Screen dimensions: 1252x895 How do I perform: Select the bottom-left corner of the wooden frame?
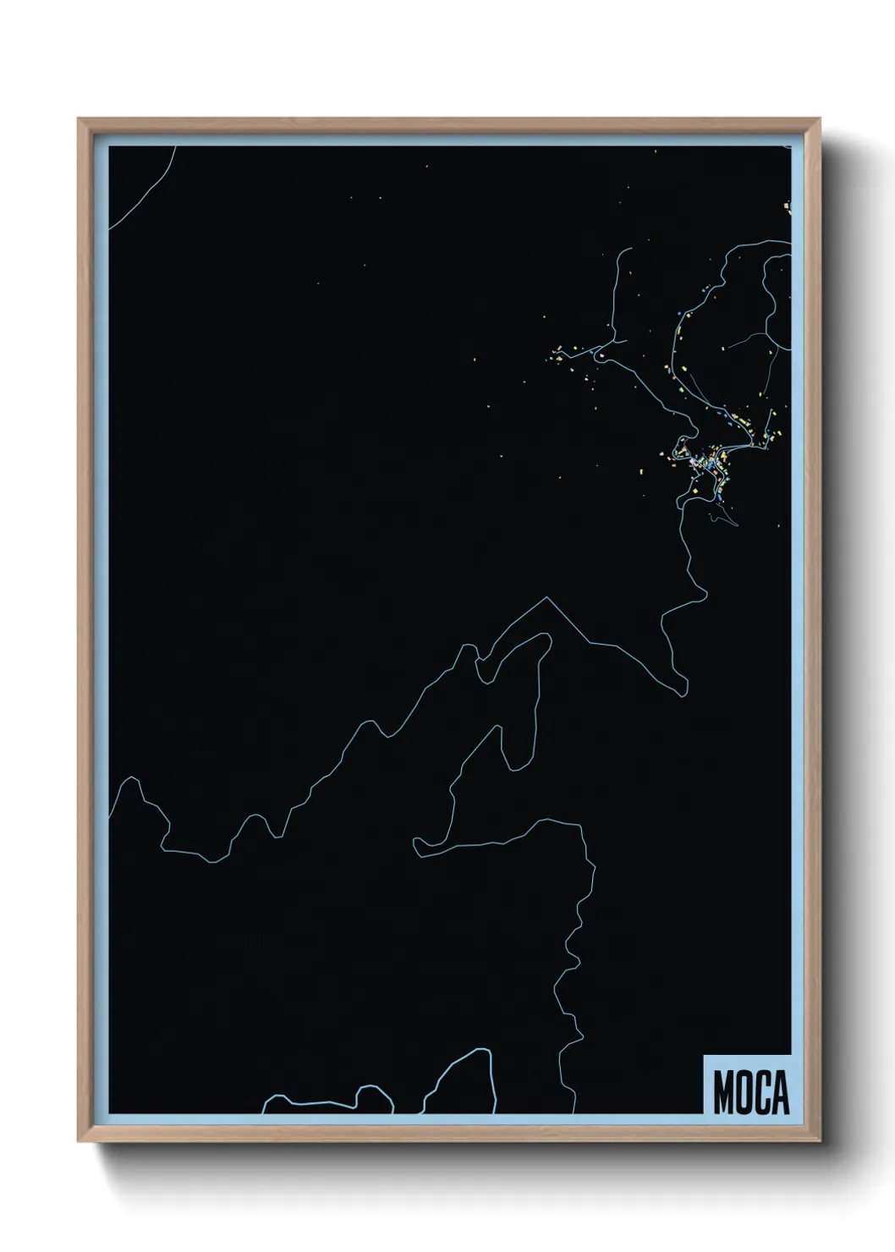[80, 1141]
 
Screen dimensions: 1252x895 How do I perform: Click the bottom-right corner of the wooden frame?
[821, 1141]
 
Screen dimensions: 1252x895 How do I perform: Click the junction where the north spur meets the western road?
[608, 346]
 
